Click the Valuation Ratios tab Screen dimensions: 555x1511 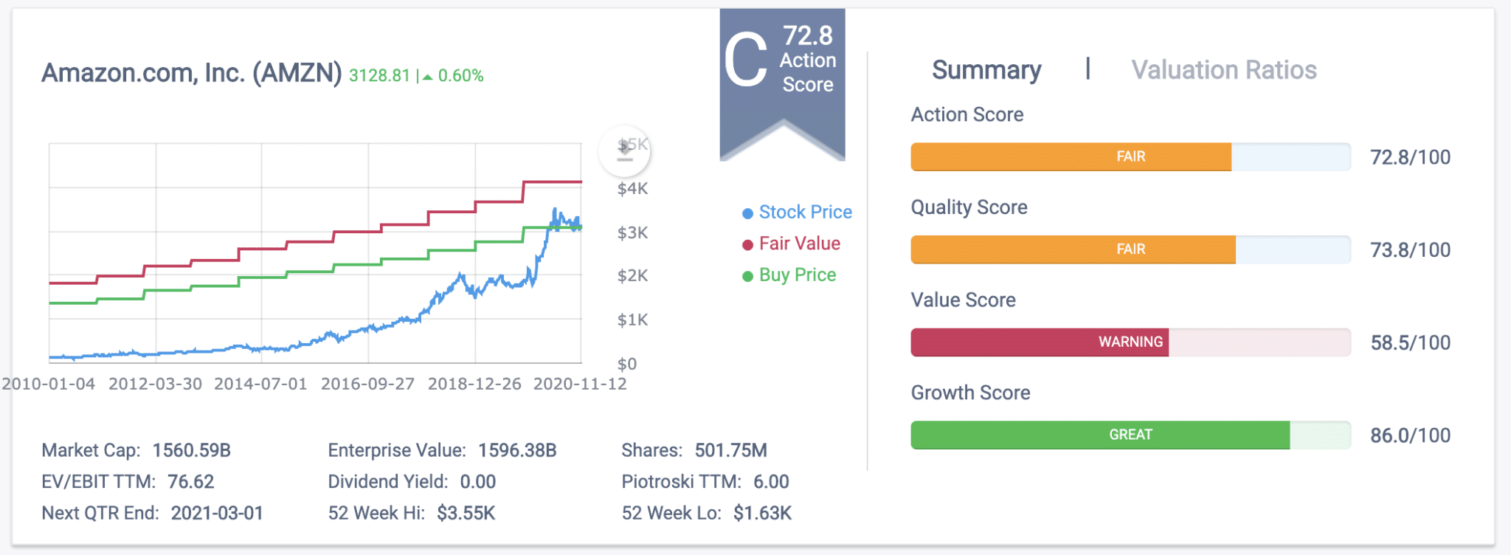tap(1223, 70)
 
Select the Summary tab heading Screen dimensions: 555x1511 tap(986, 70)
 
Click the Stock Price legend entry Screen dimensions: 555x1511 tap(804, 213)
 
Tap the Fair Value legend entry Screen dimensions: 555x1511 tap(798, 244)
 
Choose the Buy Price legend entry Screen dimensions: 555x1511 tap(797, 275)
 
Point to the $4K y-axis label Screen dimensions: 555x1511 tap(632, 189)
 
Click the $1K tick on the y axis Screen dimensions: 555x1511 tap(632, 320)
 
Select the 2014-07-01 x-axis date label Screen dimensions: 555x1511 tap(260, 384)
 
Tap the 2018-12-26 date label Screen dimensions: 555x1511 tap(474, 384)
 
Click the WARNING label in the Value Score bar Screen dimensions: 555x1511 tap(1130, 342)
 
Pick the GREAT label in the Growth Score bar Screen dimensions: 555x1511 tap(1130, 435)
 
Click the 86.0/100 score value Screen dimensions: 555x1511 tap(1410, 435)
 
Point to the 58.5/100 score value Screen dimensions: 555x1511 tap(1410, 342)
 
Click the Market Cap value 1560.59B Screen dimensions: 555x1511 tap(192, 450)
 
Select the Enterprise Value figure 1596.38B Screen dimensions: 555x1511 tap(517, 450)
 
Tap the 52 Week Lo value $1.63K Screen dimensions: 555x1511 tap(762, 513)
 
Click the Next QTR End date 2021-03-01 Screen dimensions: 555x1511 tap(217, 513)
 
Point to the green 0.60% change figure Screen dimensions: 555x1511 tap(460, 76)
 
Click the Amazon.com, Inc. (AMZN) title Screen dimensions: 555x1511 tap(192, 73)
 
